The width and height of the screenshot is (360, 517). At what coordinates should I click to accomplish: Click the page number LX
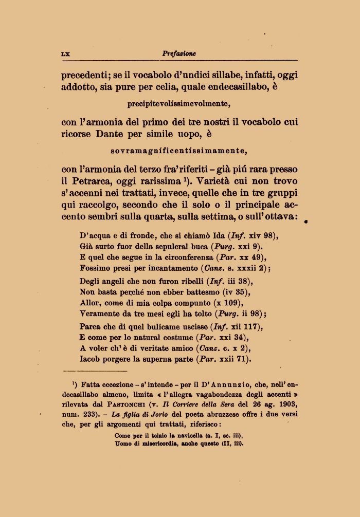coord(65,53)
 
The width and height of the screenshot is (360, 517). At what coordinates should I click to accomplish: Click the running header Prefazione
coord(179,53)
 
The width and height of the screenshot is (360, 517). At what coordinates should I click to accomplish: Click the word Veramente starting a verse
coord(99,313)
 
